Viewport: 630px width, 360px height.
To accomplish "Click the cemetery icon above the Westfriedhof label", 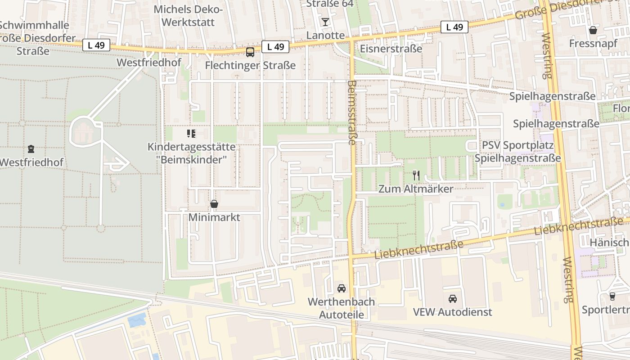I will (x=31, y=148).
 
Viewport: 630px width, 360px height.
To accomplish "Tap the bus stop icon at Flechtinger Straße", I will (x=250, y=52).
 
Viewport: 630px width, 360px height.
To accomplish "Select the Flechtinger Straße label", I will (x=250, y=65).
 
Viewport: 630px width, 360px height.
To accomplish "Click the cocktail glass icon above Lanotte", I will (x=325, y=22).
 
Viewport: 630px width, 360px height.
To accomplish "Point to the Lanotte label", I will (x=325, y=35).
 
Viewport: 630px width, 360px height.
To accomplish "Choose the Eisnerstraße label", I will (x=391, y=49).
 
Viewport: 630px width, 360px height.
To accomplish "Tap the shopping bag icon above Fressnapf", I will (x=593, y=30).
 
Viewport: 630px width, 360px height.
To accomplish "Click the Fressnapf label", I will (x=593, y=44).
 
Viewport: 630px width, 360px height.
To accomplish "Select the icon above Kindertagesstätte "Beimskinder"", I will (x=191, y=133).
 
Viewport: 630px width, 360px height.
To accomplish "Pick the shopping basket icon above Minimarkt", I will (x=214, y=204).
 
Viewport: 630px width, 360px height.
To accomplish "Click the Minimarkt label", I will (x=214, y=218).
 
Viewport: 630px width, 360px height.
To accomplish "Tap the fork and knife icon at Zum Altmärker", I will (x=416, y=175).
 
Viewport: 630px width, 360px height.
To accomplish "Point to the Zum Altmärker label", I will (x=416, y=189).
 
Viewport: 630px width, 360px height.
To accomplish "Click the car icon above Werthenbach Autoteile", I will (x=341, y=288).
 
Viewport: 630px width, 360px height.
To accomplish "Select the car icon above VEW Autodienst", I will (x=453, y=298).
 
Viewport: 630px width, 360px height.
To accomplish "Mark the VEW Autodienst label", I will (x=453, y=312).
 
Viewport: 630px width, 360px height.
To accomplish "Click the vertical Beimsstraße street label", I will (x=352, y=112).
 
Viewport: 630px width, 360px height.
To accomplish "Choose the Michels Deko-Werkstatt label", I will (x=188, y=15).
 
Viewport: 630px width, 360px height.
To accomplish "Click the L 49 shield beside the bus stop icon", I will (x=275, y=46).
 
